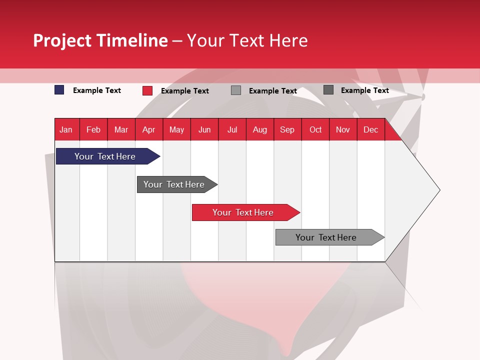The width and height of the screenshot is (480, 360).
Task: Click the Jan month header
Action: tap(66, 130)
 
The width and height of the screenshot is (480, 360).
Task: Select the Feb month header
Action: tap(93, 130)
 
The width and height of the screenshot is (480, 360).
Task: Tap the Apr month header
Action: tap(148, 130)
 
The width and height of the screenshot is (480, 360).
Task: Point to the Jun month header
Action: tap(204, 130)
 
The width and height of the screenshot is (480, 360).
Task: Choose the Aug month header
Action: tap(259, 130)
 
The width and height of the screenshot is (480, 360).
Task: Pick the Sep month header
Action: tap(287, 130)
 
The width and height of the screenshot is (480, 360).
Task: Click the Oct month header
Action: tap(315, 130)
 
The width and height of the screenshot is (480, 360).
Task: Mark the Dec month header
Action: tap(370, 130)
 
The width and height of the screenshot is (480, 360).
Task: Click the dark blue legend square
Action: tap(59, 90)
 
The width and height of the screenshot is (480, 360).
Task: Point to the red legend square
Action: tap(147, 90)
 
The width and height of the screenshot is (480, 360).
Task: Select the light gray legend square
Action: tap(236, 90)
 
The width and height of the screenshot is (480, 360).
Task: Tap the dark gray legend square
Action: tap(328, 90)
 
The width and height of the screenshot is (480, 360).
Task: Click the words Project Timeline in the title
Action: tap(100, 40)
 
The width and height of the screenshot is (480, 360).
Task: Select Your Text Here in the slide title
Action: tap(247, 40)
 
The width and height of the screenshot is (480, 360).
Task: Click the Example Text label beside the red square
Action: tap(184, 91)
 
